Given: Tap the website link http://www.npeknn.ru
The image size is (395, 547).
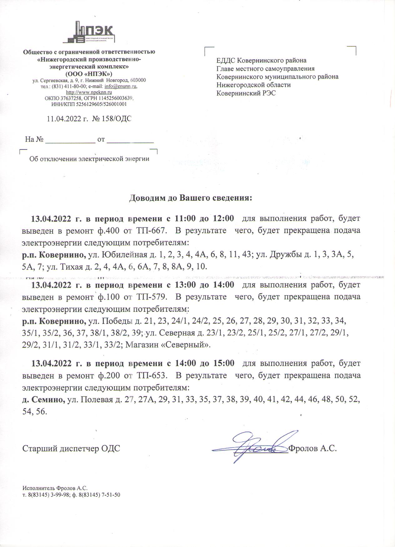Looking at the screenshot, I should coord(89,92).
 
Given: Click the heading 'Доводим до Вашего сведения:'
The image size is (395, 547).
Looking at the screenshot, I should coord(190,198).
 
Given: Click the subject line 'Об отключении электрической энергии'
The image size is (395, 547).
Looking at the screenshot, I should coord(89,159).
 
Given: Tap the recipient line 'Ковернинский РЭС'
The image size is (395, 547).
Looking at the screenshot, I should coord(246,93).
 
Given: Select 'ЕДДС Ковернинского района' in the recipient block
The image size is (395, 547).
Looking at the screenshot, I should coord(261,60).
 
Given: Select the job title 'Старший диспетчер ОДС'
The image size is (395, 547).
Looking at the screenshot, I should coord(71,449).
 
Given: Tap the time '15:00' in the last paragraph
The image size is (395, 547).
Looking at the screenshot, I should coord(223,363).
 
